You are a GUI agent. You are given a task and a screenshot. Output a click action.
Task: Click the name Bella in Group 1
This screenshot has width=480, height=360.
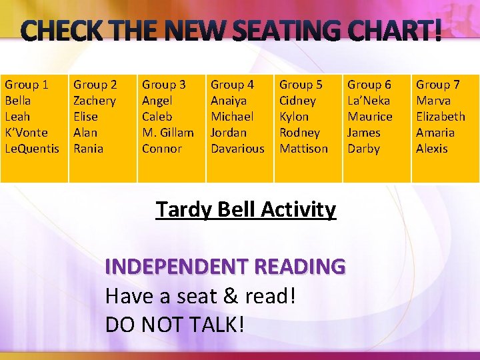click(x=18, y=101)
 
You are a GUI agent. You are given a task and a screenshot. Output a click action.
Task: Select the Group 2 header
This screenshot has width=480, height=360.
click(x=95, y=85)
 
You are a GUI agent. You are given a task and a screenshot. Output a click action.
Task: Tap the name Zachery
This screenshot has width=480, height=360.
click(x=94, y=101)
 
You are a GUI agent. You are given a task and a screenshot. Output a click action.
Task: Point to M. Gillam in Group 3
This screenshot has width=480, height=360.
click(x=168, y=133)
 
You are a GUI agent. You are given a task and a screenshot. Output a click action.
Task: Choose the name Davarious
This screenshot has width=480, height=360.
click(x=237, y=149)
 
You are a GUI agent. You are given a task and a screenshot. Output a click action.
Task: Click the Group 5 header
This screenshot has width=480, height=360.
click(x=301, y=85)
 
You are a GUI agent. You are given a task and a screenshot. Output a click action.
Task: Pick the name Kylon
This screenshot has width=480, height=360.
click(x=294, y=117)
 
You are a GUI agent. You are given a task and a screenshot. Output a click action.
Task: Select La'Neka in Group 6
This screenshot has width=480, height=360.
click(x=369, y=101)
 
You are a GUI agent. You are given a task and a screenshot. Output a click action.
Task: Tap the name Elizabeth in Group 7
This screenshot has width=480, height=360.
click(x=441, y=117)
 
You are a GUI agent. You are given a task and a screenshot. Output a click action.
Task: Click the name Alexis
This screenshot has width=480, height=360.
click(x=432, y=149)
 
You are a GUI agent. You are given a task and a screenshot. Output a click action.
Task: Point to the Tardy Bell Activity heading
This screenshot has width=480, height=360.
click(x=245, y=209)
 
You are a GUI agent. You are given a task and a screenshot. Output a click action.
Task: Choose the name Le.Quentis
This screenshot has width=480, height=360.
click(x=32, y=149)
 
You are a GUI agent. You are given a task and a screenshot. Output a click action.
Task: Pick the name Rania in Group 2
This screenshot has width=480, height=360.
click(x=89, y=149)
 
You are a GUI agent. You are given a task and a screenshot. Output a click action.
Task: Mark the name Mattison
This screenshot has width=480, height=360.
click(x=303, y=149)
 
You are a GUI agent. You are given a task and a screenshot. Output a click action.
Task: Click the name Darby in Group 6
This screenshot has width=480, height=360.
click(x=363, y=149)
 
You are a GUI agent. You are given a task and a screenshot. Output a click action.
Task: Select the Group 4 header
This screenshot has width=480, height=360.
click(x=232, y=85)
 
